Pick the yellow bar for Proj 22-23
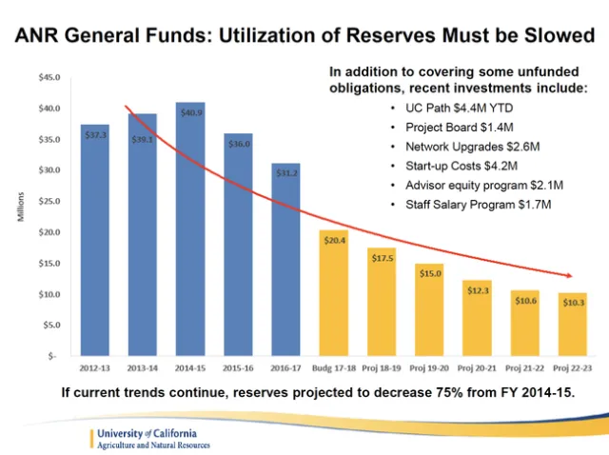coord(572,324)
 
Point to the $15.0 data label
coord(429,274)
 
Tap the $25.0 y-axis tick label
coord(48,202)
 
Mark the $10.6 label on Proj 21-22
coord(524,302)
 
